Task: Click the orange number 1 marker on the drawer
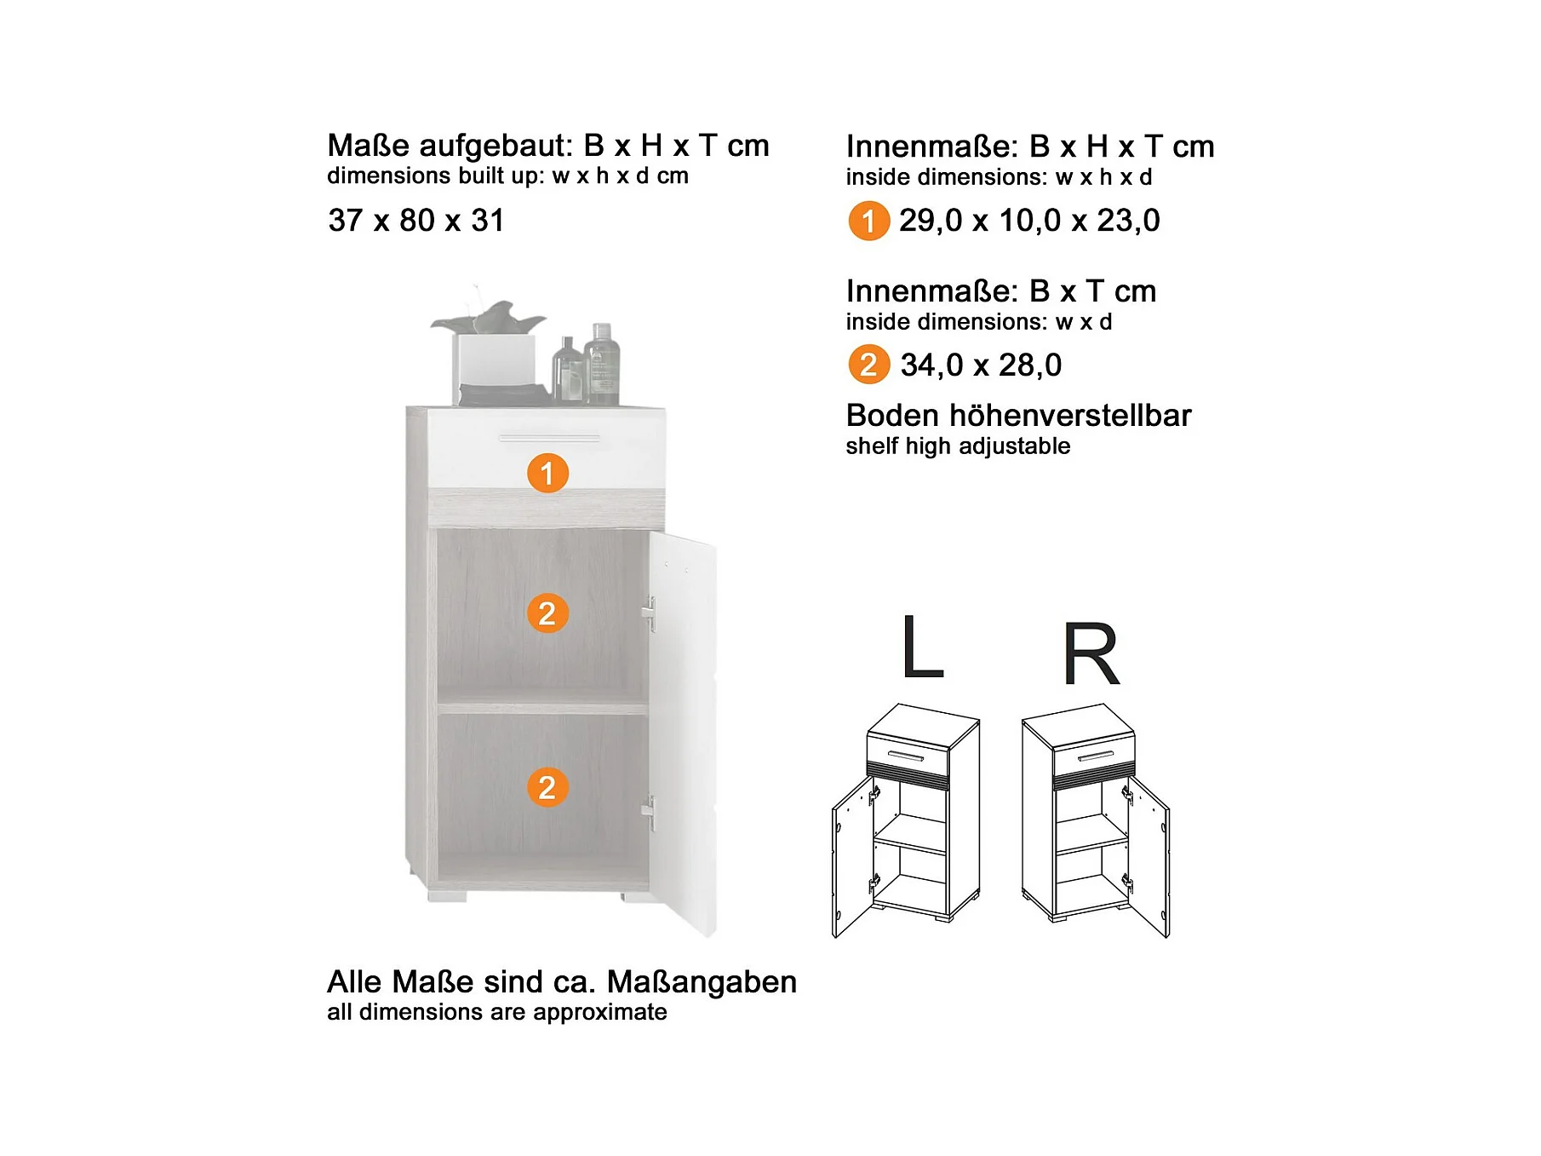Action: [547, 473]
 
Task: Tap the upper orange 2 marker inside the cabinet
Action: [547, 613]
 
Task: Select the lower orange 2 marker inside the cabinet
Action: [547, 787]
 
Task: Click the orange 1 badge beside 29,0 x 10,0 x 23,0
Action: [868, 221]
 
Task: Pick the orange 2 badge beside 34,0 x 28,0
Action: [868, 365]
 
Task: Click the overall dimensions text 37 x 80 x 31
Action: [416, 221]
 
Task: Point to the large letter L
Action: [922, 647]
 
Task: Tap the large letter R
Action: [1091, 653]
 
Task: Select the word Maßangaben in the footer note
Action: [702, 983]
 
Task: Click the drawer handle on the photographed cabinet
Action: [549, 439]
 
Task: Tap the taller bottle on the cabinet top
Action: [602, 363]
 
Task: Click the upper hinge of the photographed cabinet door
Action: [649, 613]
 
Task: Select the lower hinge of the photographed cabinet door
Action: [649, 814]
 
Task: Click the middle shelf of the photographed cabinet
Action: [543, 708]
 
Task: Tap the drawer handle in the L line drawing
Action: [905, 756]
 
